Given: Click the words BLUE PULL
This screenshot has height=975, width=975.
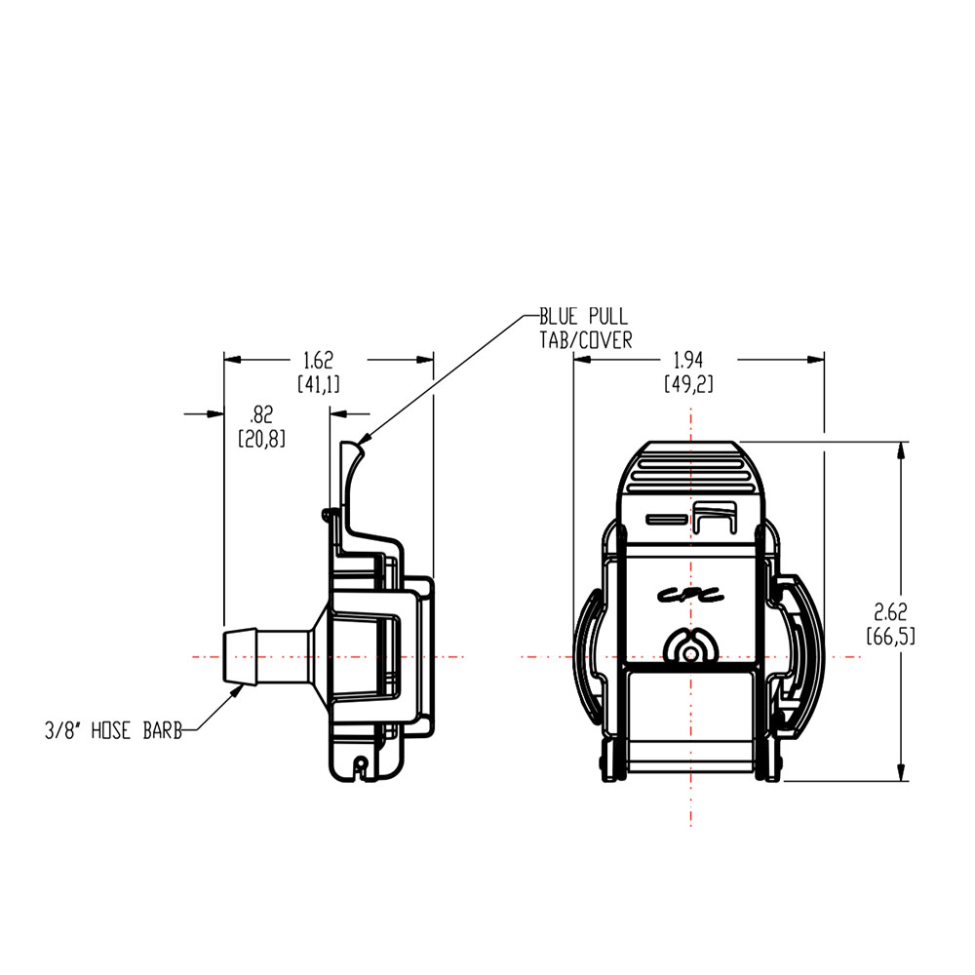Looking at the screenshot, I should (x=584, y=318).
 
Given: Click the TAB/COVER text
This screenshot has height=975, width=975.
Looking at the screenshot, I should (x=586, y=339).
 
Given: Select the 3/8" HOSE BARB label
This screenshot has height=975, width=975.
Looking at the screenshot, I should (x=113, y=729).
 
